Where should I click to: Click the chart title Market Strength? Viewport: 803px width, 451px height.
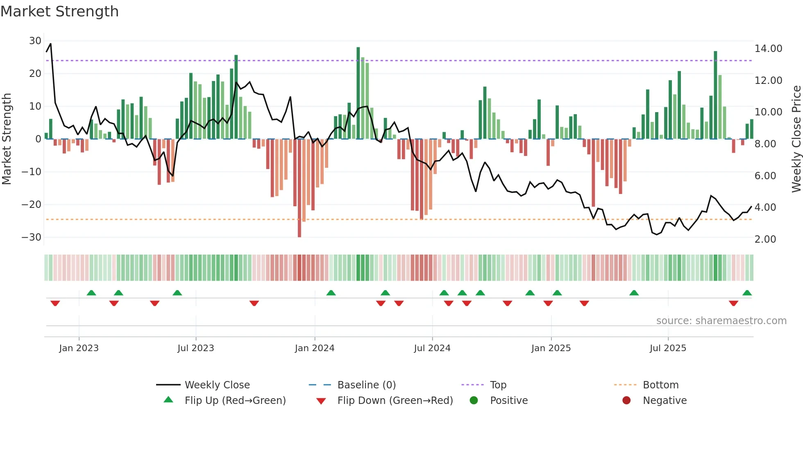click(x=59, y=11)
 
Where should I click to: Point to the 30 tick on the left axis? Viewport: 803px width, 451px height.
click(x=35, y=41)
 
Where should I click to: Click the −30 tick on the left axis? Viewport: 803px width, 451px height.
click(x=32, y=237)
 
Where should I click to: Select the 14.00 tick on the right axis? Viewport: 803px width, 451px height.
click(x=768, y=49)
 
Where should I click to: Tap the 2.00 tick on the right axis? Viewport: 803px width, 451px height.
click(x=765, y=239)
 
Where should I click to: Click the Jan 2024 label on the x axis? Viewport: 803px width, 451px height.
click(x=314, y=348)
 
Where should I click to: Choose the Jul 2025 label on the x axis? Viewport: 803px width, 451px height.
click(x=667, y=348)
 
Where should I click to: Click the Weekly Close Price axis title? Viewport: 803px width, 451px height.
click(x=796, y=139)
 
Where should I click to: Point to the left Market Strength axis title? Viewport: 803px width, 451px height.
click(x=7, y=139)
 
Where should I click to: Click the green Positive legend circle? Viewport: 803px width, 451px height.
click(x=474, y=401)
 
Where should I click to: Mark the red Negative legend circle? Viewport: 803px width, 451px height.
click(x=626, y=401)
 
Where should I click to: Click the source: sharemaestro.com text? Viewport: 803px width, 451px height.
click(x=721, y=321)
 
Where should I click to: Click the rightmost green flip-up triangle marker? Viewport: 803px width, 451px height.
click(x=747, y=293)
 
